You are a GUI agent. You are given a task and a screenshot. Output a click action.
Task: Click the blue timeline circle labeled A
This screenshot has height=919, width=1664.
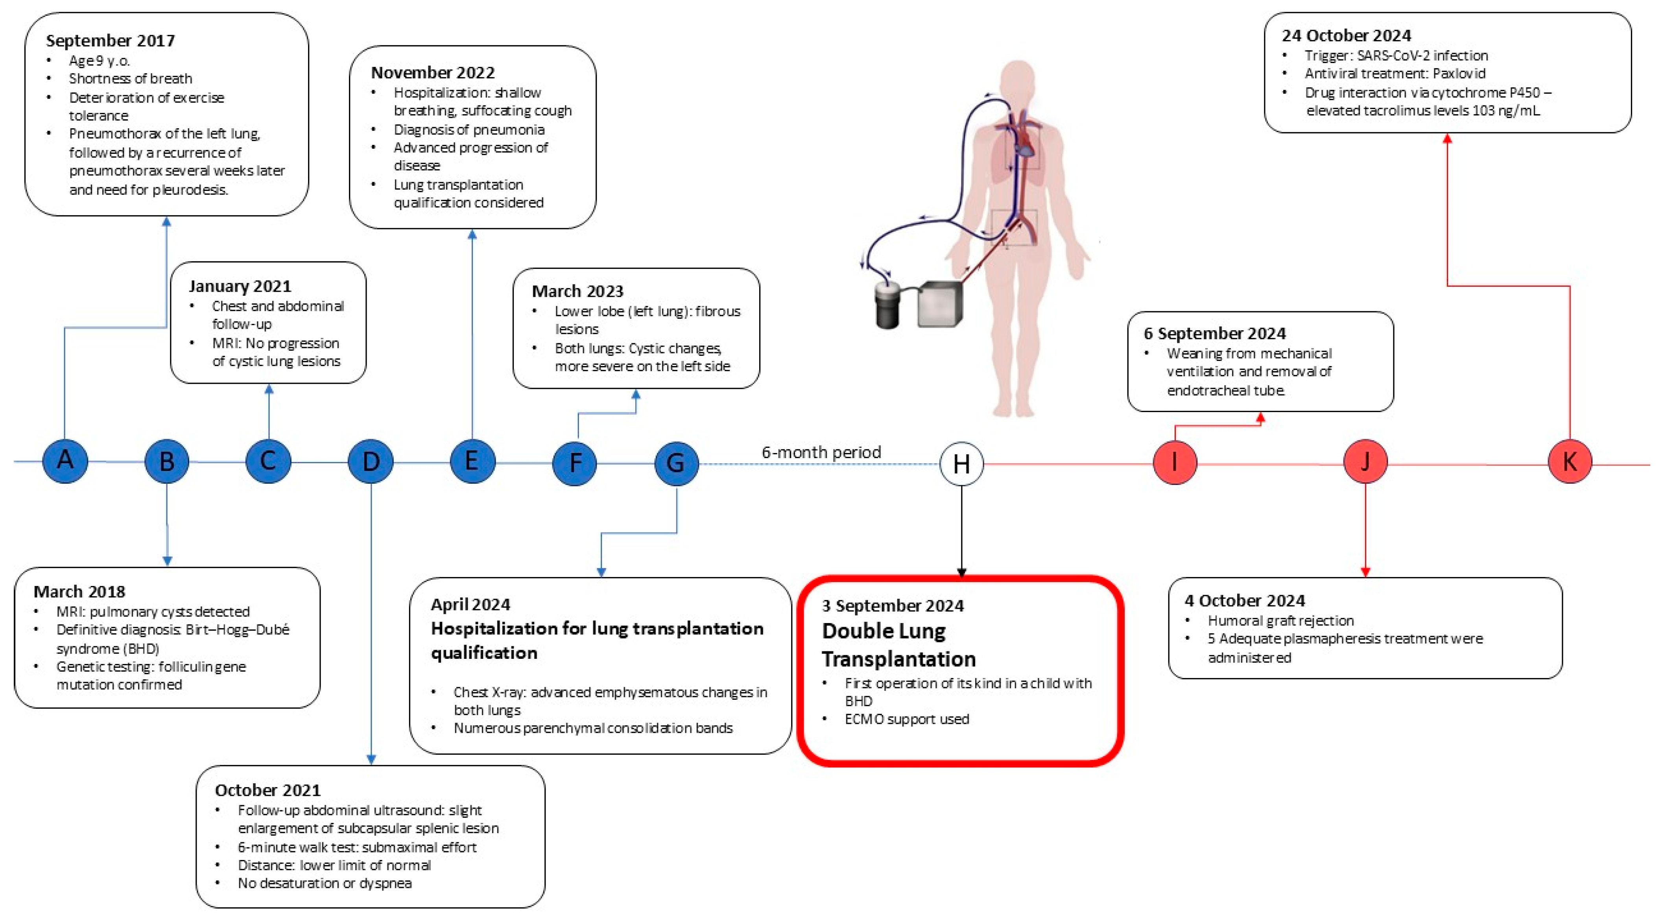(x=65, y=461)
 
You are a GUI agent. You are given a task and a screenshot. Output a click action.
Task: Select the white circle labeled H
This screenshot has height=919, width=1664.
(x=961, y=463)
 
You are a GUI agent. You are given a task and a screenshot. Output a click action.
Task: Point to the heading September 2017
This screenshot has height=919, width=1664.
(x=111, y=41)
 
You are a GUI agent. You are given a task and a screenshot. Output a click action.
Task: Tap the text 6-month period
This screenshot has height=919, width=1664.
(x=821, y=452)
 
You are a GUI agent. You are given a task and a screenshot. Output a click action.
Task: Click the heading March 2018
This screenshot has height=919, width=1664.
(x=79, y=591)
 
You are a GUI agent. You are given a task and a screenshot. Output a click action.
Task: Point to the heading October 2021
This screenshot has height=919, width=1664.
(x=267, y=790)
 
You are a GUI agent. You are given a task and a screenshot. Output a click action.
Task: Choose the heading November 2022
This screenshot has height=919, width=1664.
(x=433, y=72)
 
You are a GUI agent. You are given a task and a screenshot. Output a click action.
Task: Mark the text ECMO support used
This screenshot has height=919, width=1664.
(x=906, y=719)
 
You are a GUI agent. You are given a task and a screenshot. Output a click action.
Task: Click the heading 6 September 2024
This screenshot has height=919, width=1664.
(x=1214, y=333)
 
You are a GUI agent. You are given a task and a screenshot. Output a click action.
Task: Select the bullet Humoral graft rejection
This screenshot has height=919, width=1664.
(x=1280, y=620)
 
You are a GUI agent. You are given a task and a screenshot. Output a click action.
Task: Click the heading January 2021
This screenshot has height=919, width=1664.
(x=240, y=286)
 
